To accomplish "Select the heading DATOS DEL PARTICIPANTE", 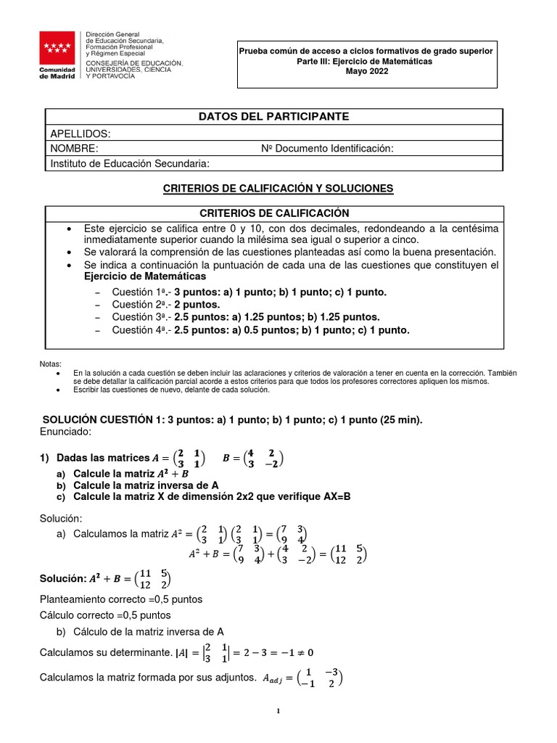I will pyautogui.click(x=273, y=116).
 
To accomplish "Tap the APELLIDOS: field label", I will pyautogui.click(x=80, y=134).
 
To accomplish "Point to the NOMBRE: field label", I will pyautogui.click(x=74, y=149).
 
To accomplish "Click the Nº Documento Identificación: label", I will pyautogui.click(x=327, y=149).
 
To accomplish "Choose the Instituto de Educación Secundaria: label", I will pyautogui.click(x=130, y=163).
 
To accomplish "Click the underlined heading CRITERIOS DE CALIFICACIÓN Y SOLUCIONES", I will pyautogui.click(x=278, y=188).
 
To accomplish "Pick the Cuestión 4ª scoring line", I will pyautogui.click(x=260, y=330).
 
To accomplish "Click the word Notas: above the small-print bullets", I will pyautogui.click(x=50, y=364).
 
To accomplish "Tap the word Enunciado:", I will pyautogui.click(x=65, y=432).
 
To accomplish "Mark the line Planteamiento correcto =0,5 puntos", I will pyautogui.click(x=120, y=599).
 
